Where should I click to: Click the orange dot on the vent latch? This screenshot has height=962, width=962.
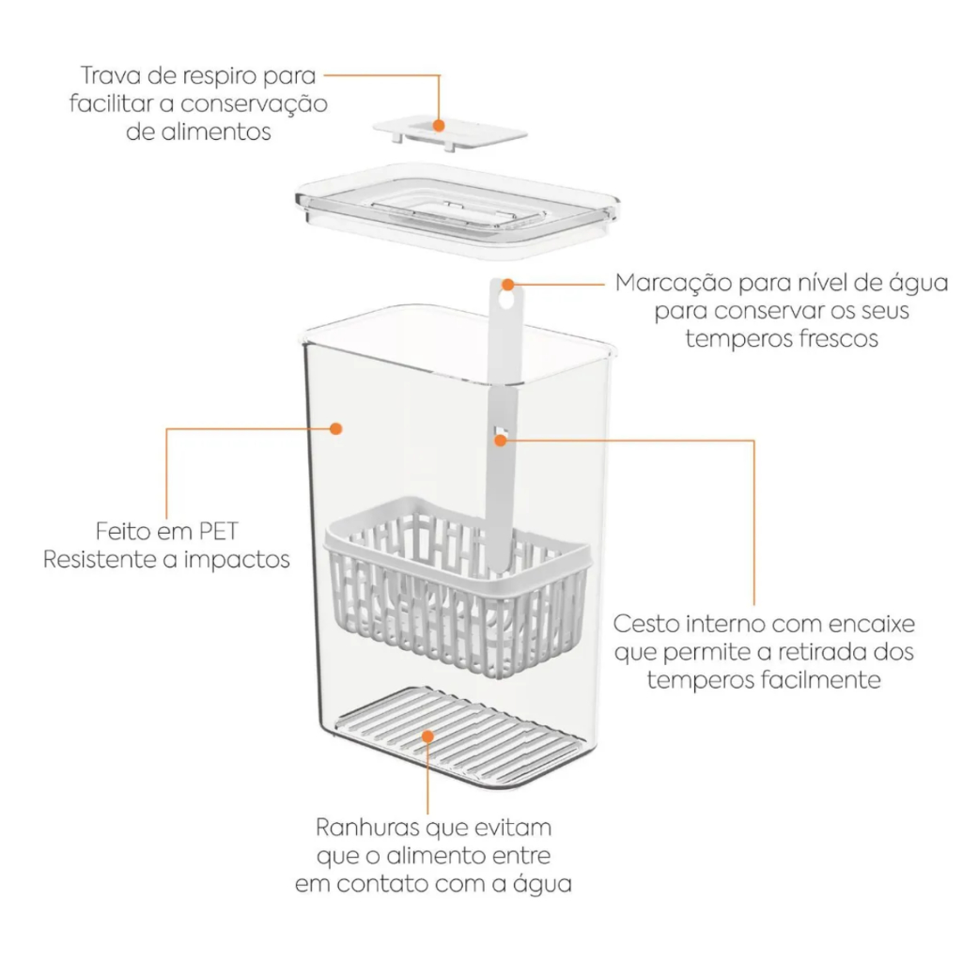[439, 125]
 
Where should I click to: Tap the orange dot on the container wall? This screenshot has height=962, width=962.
[335, 428]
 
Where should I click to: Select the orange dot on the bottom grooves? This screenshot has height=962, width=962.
[427, 737]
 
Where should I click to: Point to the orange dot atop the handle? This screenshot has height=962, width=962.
[508, 285]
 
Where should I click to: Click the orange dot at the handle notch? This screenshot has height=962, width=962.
[501, 440]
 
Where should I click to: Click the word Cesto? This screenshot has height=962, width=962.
[646, 624]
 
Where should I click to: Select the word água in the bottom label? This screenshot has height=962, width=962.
[542, 883]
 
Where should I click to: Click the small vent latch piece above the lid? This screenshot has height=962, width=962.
[450, 132]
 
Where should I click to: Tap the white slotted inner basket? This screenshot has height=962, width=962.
[458, 586]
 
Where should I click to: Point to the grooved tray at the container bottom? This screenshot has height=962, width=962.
[458, 732]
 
